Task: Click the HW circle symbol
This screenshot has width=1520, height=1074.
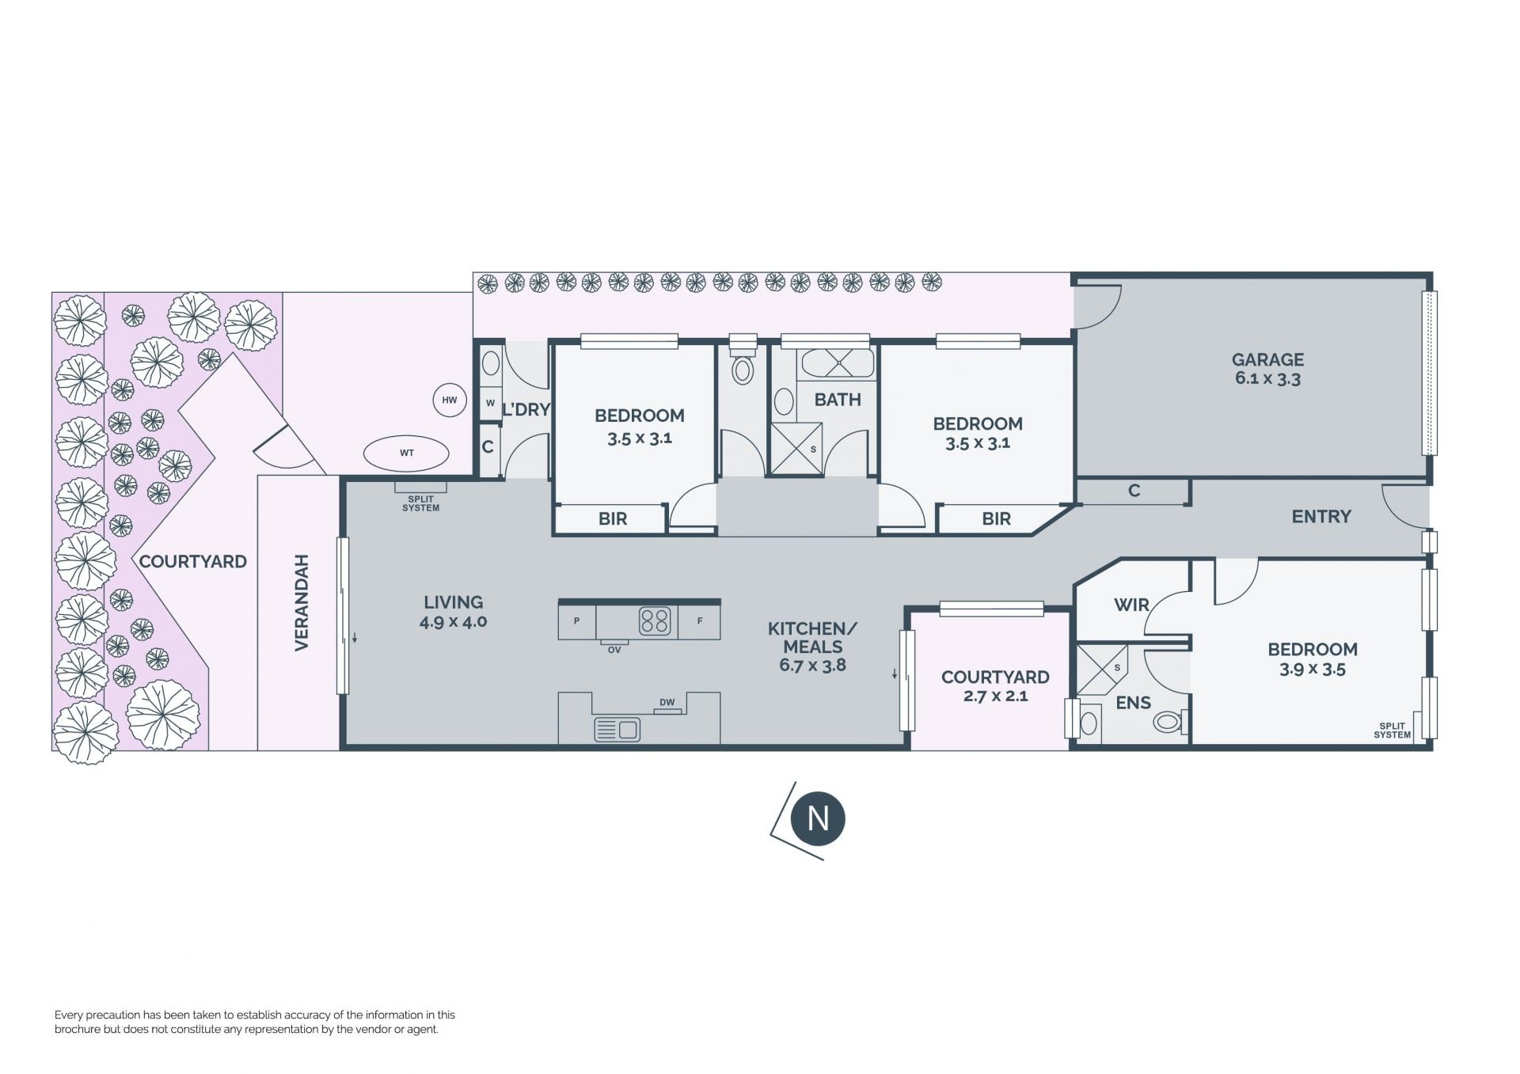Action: [450, 400]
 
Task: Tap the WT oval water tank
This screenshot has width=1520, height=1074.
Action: [406, 454]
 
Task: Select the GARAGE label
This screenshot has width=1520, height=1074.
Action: [1267, 359]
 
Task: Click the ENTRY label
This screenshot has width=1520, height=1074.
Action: [1321, 516]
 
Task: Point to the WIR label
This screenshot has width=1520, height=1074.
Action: [1131, 605]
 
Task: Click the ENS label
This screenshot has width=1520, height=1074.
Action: [1133, 703]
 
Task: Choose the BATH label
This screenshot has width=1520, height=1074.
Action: [838, 400]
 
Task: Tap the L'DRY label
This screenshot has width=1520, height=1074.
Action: [526, 409]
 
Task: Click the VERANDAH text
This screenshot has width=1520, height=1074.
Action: [302, 602]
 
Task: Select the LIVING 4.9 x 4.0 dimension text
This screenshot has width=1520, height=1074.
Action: [454, 622]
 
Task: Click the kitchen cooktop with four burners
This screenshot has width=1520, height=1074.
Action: [655, 621]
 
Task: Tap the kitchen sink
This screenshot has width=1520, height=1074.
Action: [617, 728]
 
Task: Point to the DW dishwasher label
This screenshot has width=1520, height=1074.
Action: [667, 702]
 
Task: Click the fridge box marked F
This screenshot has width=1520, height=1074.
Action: [699, 621]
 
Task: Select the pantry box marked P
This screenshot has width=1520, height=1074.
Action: [577, 621]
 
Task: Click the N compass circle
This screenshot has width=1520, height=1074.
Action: [818, 818]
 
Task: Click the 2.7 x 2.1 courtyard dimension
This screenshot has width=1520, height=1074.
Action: [995, 696]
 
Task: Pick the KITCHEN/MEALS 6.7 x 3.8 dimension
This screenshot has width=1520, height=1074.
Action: [812, 666]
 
